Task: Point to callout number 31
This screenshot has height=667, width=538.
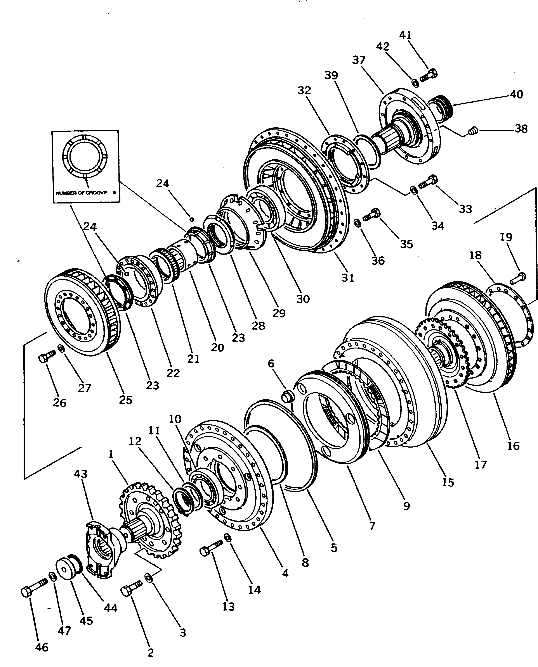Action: pos(348,278)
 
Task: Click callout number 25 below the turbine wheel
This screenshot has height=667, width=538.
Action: pos(125,400)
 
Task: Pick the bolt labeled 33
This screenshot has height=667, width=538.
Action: pos(428,182)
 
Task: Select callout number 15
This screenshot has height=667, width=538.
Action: pos(448,482)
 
